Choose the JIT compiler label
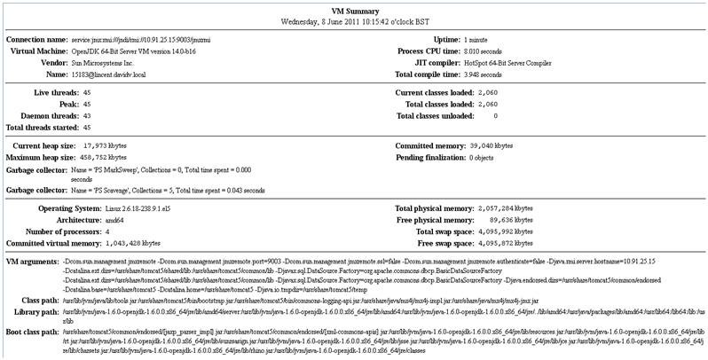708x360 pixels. click(429, 64)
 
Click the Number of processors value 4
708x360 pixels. click(83, 231)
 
